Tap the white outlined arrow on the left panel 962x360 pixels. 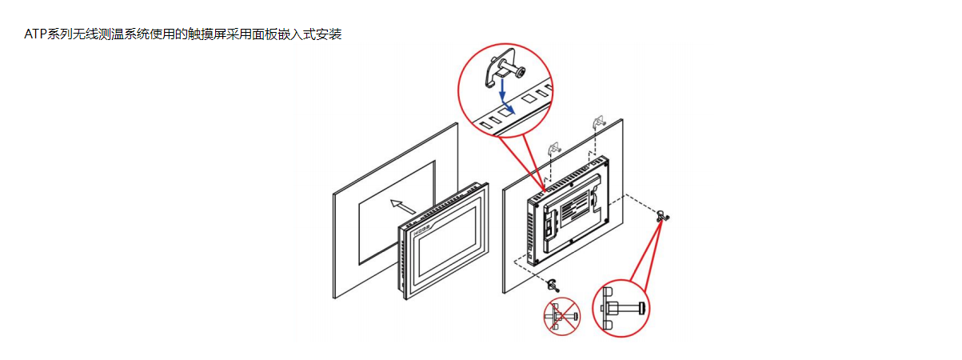coord(397,206)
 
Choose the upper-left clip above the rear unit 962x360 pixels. coord(552,147)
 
